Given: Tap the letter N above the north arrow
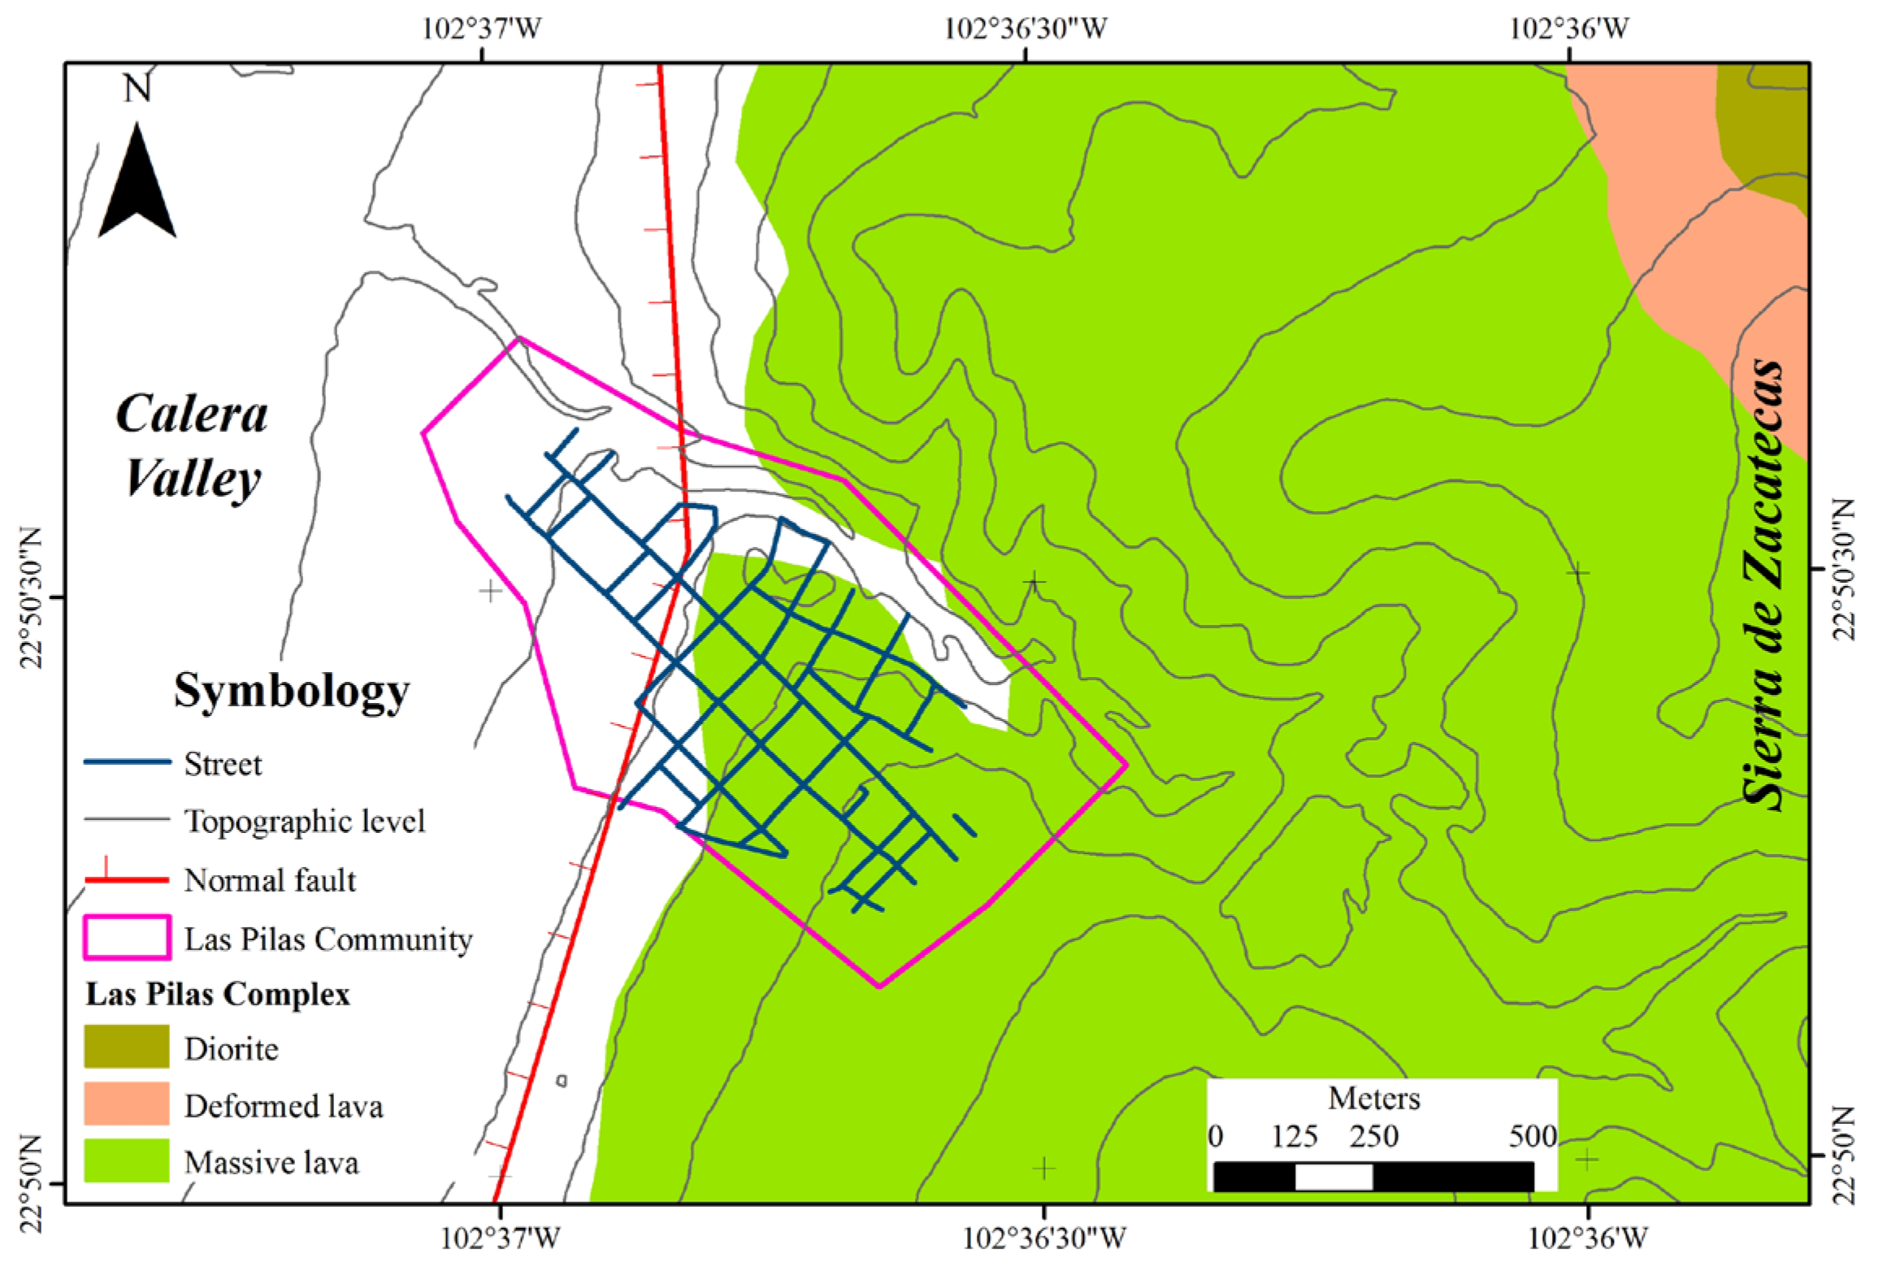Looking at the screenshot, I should pos(137,88).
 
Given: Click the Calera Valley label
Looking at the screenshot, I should pos(192,445).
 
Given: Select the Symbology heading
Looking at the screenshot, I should pos(291,692).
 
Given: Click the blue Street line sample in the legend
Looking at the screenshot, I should pos(128,762).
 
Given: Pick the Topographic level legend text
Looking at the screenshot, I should pos(305,821).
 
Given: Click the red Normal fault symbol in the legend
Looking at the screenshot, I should pos(128,879).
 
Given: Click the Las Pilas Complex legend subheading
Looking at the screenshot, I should pos(218,994).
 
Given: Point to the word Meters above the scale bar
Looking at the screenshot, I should pos(1374,1099).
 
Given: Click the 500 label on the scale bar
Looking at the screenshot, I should pos(1533,1136).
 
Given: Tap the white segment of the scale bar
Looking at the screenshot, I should pos(1334,1176).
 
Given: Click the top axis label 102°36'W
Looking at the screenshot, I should pos(1569,29).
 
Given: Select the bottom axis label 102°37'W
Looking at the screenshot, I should pos(500,1239).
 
